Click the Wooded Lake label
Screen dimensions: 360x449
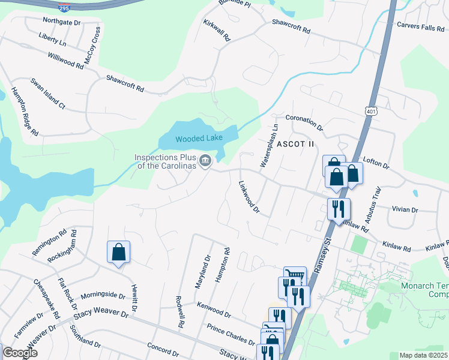tap(199, 139)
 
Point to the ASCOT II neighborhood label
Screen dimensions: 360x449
tap(295, 144)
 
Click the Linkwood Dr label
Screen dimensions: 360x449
tap(249, 197)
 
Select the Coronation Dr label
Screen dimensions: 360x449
tap(304, 122)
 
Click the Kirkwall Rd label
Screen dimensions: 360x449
tap(217, 28)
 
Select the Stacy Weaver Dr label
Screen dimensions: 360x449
tap(101, 314)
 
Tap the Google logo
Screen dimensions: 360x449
tap(20, 353)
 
